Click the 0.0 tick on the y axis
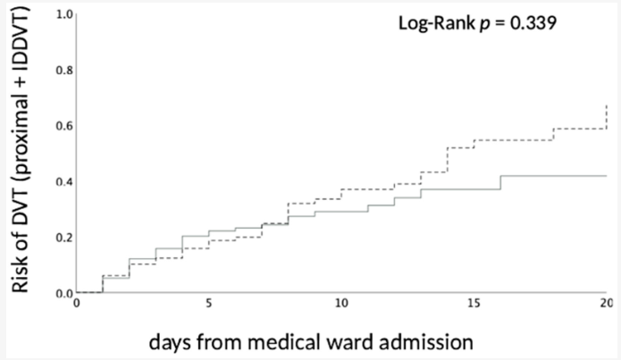pos(63,292)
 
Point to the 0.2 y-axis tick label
pos(63,237)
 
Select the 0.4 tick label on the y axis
pos(63,181)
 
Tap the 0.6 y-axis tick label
pos(63,126)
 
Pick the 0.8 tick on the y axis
pos(63,70)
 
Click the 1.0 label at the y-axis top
pos(63,14)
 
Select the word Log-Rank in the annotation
pos(432,22)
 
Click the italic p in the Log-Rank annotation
pos(483,23)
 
